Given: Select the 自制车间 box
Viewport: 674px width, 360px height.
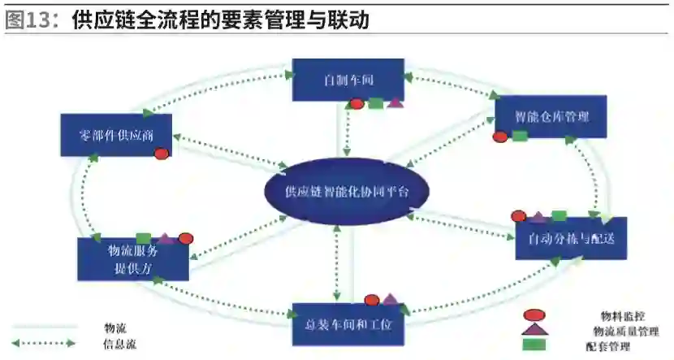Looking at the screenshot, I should [x=348, y=80].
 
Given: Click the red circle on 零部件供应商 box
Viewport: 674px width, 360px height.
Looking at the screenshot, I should [x=161, y=153].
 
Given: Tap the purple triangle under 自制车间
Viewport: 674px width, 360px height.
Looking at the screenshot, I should [x=395, y=103].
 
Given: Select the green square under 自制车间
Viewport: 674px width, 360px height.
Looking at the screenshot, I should [x=376, y=103].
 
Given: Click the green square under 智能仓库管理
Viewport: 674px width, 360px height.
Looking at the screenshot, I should [x=520, y=136].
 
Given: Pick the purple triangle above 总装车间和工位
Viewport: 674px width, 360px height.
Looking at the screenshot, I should [x=390, y=300].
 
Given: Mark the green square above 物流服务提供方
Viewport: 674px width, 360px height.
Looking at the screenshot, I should [x=144, y=238].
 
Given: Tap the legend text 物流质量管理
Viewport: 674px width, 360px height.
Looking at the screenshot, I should [x=625, y=331].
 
